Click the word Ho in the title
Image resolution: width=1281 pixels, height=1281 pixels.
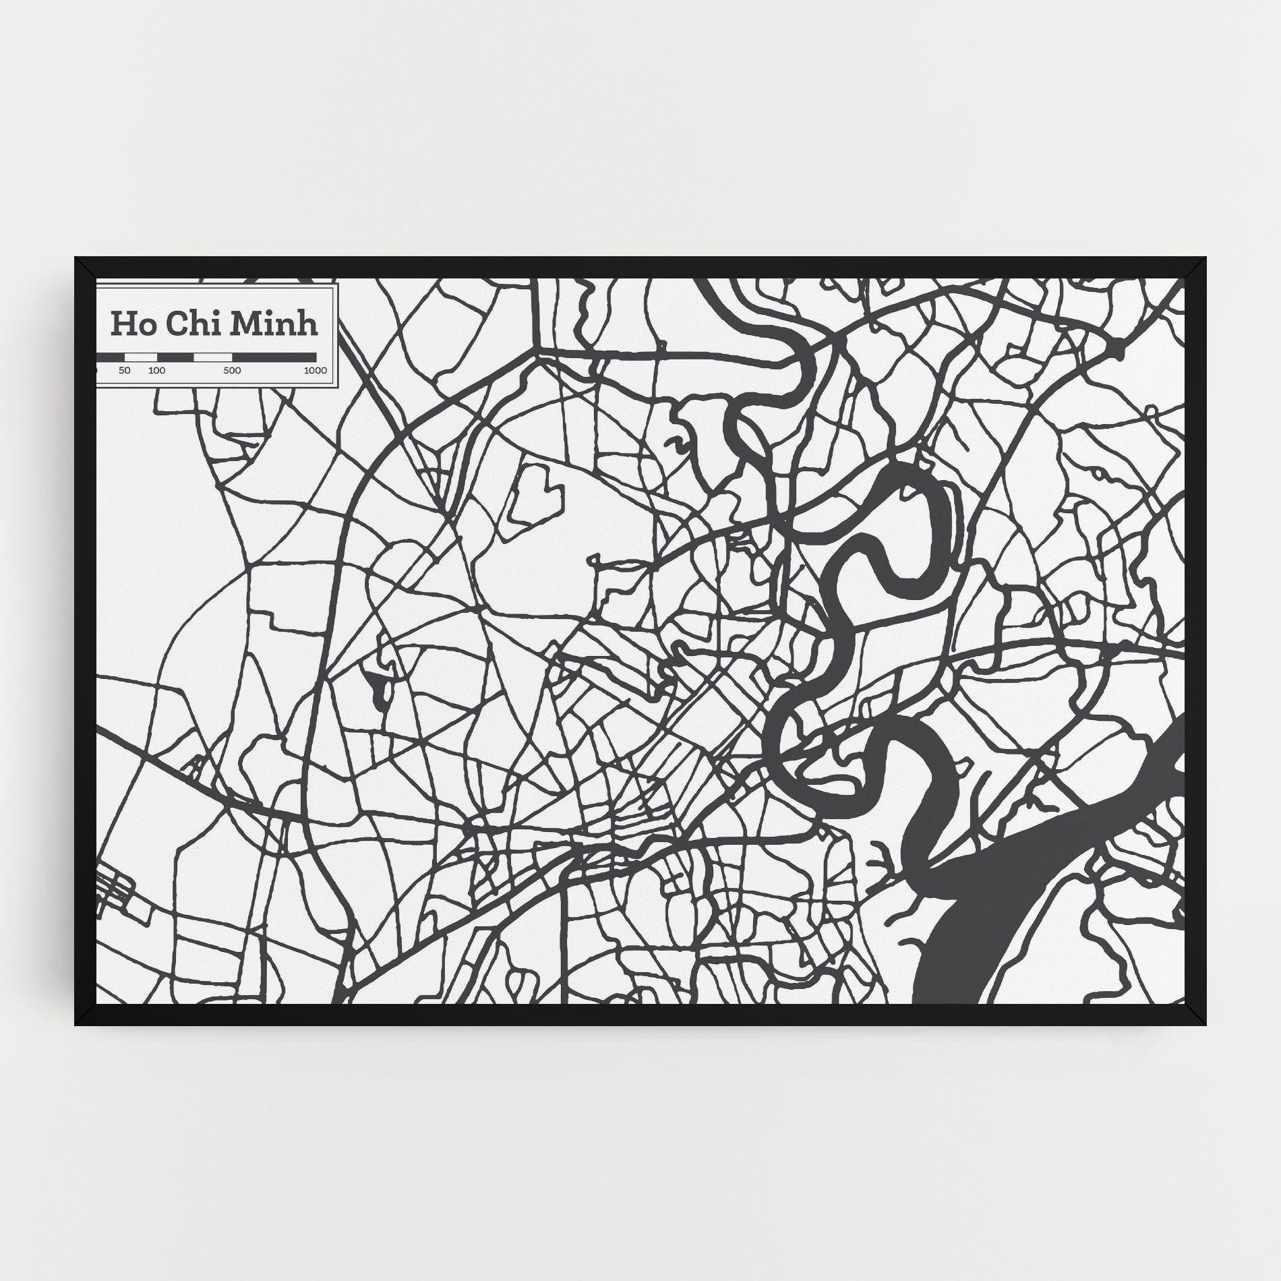coord(129,324)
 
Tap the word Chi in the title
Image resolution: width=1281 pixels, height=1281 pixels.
coord(188,324)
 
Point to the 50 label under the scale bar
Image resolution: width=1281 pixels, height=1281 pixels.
coord(124,370)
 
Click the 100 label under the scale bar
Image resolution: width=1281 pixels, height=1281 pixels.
coord(156,370)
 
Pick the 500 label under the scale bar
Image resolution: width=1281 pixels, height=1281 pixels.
coord(232,370)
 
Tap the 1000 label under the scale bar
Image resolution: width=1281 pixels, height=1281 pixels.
coord(315,370)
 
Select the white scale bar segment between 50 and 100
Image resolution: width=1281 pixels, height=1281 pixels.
coord(140,357)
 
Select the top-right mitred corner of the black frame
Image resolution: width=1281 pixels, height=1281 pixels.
coord(1196,268)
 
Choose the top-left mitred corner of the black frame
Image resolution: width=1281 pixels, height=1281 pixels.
coord(86,268)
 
